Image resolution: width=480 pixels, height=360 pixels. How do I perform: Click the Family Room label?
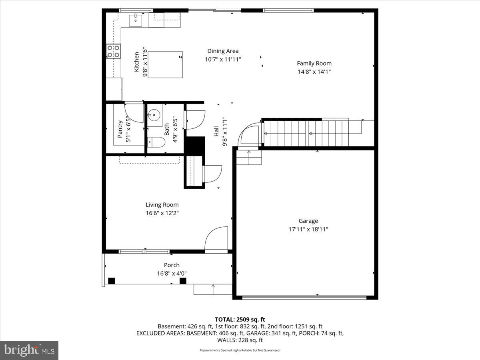[314, 63]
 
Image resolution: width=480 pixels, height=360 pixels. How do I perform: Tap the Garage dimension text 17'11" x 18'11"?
[308, 230]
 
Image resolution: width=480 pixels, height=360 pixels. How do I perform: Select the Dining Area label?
[223, 51]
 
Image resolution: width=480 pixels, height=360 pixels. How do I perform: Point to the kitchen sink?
[136, 19]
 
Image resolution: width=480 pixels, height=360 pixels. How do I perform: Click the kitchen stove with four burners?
[113, 51]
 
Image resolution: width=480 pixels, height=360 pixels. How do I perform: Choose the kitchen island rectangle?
[165, 64]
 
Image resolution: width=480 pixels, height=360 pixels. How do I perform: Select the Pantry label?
[120, 129]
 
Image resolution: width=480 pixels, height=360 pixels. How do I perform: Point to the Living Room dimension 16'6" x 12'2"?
[162, 213]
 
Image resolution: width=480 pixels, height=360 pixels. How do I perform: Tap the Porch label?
[172, 265]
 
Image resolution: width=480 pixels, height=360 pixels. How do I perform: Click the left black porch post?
[112, 280]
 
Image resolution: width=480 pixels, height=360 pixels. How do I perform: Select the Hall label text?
[216, 131]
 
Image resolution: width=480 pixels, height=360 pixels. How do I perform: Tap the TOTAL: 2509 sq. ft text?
[240, 319]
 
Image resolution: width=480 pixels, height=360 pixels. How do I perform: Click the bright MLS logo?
[29, 350]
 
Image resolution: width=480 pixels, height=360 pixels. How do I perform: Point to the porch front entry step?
[213, 289]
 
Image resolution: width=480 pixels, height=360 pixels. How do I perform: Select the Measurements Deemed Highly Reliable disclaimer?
[240, 350]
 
